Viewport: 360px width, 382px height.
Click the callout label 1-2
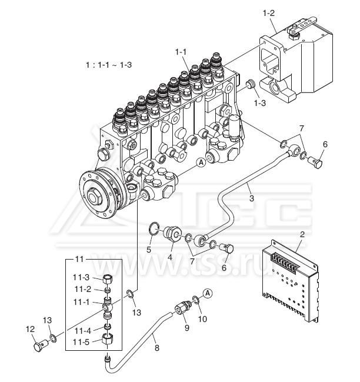[x=269, y=13]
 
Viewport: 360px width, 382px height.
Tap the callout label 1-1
[x=181, y=52]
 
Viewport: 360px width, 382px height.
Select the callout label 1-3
[x=260, y=103]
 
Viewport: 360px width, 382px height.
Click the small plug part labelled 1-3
[x=249, y=84]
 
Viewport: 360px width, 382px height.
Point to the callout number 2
[x=302, y=234]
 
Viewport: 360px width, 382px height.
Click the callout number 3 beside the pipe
[x=251, y=198]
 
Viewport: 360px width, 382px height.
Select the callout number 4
[x=169, y=257]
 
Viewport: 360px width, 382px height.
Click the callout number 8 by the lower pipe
[x=156, y=348]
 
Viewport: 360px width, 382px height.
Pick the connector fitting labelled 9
[x=183, y=307]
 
